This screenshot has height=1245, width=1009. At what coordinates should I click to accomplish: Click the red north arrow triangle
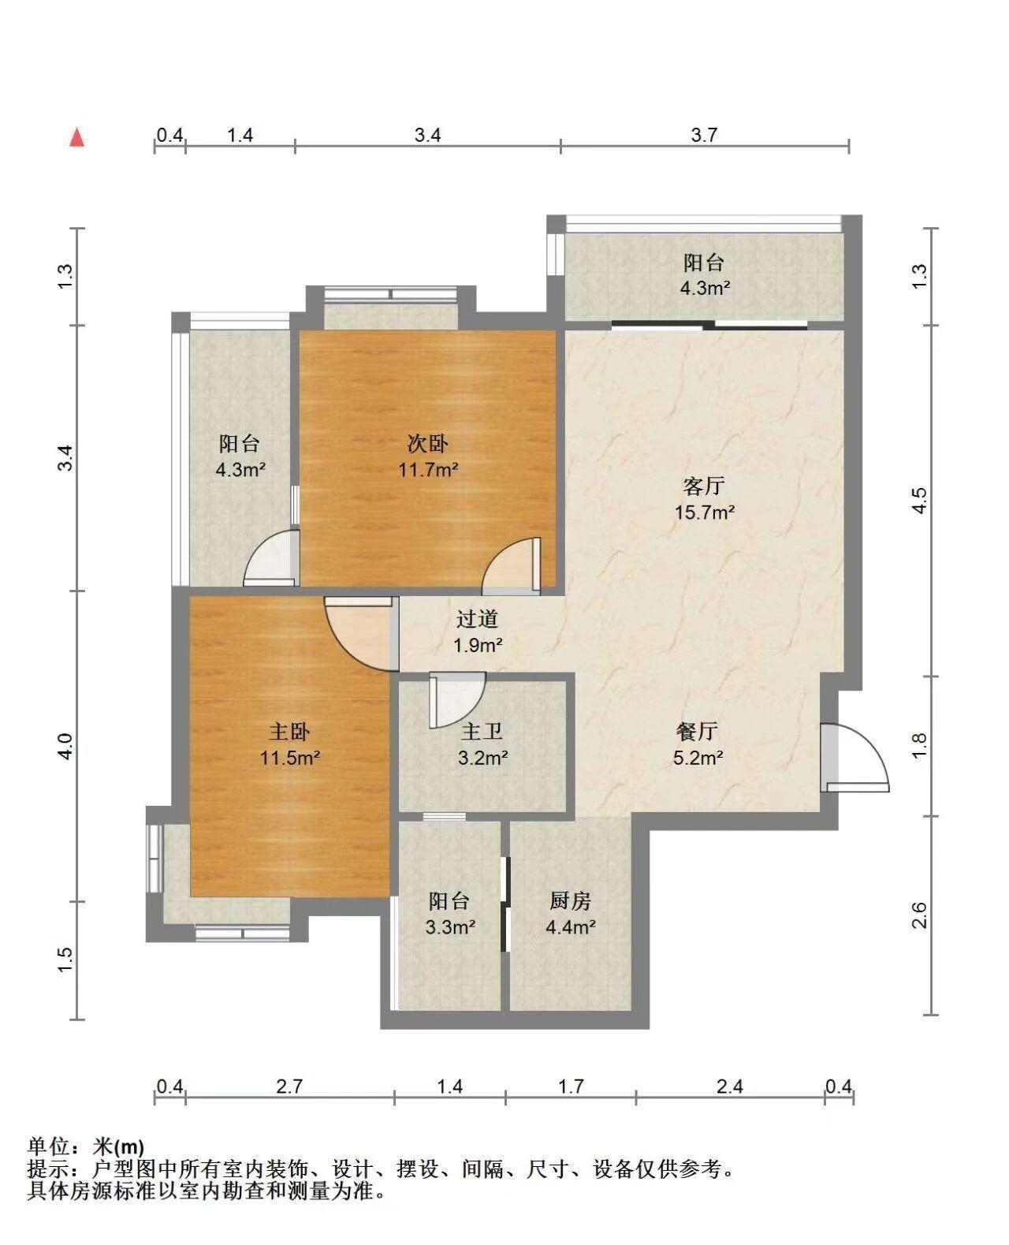(77, 138)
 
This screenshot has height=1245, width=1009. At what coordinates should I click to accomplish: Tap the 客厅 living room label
(704, 486)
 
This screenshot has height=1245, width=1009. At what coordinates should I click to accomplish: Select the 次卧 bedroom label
(428, 444)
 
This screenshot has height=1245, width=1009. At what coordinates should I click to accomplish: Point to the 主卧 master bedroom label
(289, 731)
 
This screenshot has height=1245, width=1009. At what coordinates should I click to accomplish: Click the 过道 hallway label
(478, 618)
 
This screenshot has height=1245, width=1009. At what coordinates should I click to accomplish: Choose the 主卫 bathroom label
(482, 731)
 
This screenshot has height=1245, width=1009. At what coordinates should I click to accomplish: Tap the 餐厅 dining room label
(697, 731)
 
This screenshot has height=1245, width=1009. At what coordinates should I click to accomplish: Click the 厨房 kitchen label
(570, 900)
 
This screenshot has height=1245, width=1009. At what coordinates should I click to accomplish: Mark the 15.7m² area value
(705, 513)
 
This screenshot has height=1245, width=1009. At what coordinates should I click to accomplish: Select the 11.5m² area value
(290, 758)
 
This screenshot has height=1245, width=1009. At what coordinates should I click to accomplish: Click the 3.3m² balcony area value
(450, 926)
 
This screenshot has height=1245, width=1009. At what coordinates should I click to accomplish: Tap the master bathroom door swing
(457, 699)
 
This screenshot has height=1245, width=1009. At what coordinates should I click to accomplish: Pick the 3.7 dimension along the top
(704, 135)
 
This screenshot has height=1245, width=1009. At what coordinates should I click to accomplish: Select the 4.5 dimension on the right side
(920, 501)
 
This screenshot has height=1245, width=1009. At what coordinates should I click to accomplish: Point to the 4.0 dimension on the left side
(66, 747)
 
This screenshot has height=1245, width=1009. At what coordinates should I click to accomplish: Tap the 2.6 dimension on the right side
(920, 915)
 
